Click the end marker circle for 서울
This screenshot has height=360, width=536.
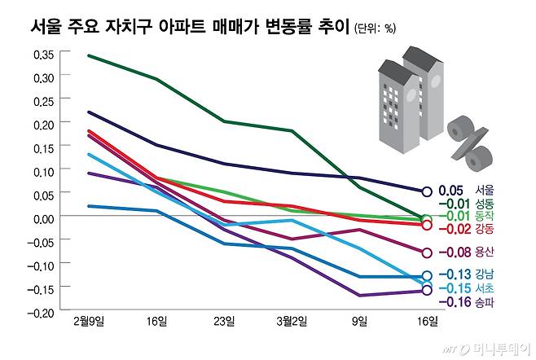(x=426, y=192)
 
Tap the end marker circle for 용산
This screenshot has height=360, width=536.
(x=426, y=252)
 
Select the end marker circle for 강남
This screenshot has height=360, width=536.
(x=426, y=276)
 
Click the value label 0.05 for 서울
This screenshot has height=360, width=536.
(x=450, y=191)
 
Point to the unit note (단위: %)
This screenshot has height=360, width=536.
(x=376, y=29)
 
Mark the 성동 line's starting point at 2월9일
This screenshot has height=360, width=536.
(x=88, y=55)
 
